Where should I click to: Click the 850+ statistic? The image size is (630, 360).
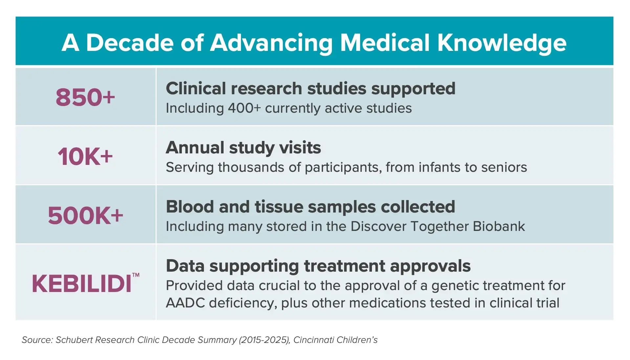(85, 97)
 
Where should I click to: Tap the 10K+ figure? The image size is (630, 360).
(85, 156)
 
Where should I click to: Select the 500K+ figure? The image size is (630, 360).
(85, 215)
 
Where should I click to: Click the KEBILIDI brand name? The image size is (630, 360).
(81, 284)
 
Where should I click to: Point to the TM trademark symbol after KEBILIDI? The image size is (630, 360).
(136, 275)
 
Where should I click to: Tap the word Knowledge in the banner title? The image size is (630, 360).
(502, 43)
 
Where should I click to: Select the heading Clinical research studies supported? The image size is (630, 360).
(310, 88)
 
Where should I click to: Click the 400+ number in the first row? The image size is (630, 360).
(244, 108)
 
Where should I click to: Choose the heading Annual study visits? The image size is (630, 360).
(243, 147)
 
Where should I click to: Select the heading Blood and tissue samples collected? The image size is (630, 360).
(310, 207)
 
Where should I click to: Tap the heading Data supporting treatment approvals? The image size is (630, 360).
(318, 266)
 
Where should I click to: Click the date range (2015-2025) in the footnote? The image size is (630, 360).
(265, 340)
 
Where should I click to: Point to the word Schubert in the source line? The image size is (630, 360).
(74, 340)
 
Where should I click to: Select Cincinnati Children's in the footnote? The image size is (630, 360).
(335, 340)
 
